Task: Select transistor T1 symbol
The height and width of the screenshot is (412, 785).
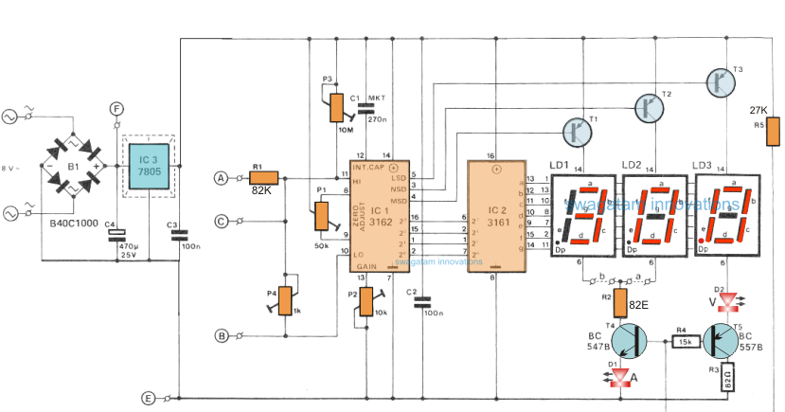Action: (579, 131)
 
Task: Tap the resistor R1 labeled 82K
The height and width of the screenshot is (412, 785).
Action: (261, 177)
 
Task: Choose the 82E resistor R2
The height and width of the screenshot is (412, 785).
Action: (620, 302)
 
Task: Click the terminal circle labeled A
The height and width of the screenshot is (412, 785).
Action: (222, 177)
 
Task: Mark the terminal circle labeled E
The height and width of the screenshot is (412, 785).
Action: (147, 399)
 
